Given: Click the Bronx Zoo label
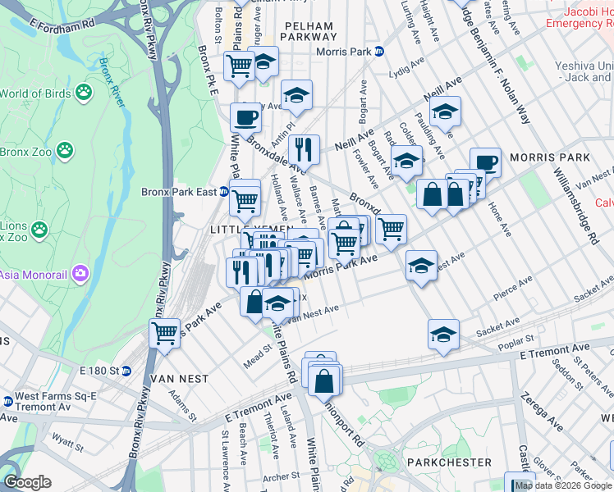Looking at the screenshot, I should click(x=25, y=152).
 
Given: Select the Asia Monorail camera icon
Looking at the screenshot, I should click(x=80, y=273).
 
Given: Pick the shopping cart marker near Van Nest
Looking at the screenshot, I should click(x=165, y=333).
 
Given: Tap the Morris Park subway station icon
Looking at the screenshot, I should click(x=378, y=51).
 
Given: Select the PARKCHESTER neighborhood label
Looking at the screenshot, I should click(x=451, y=462).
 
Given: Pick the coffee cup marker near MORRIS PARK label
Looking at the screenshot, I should click(x=485, y=162).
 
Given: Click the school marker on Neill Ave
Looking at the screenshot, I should click(x=445, y=112).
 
